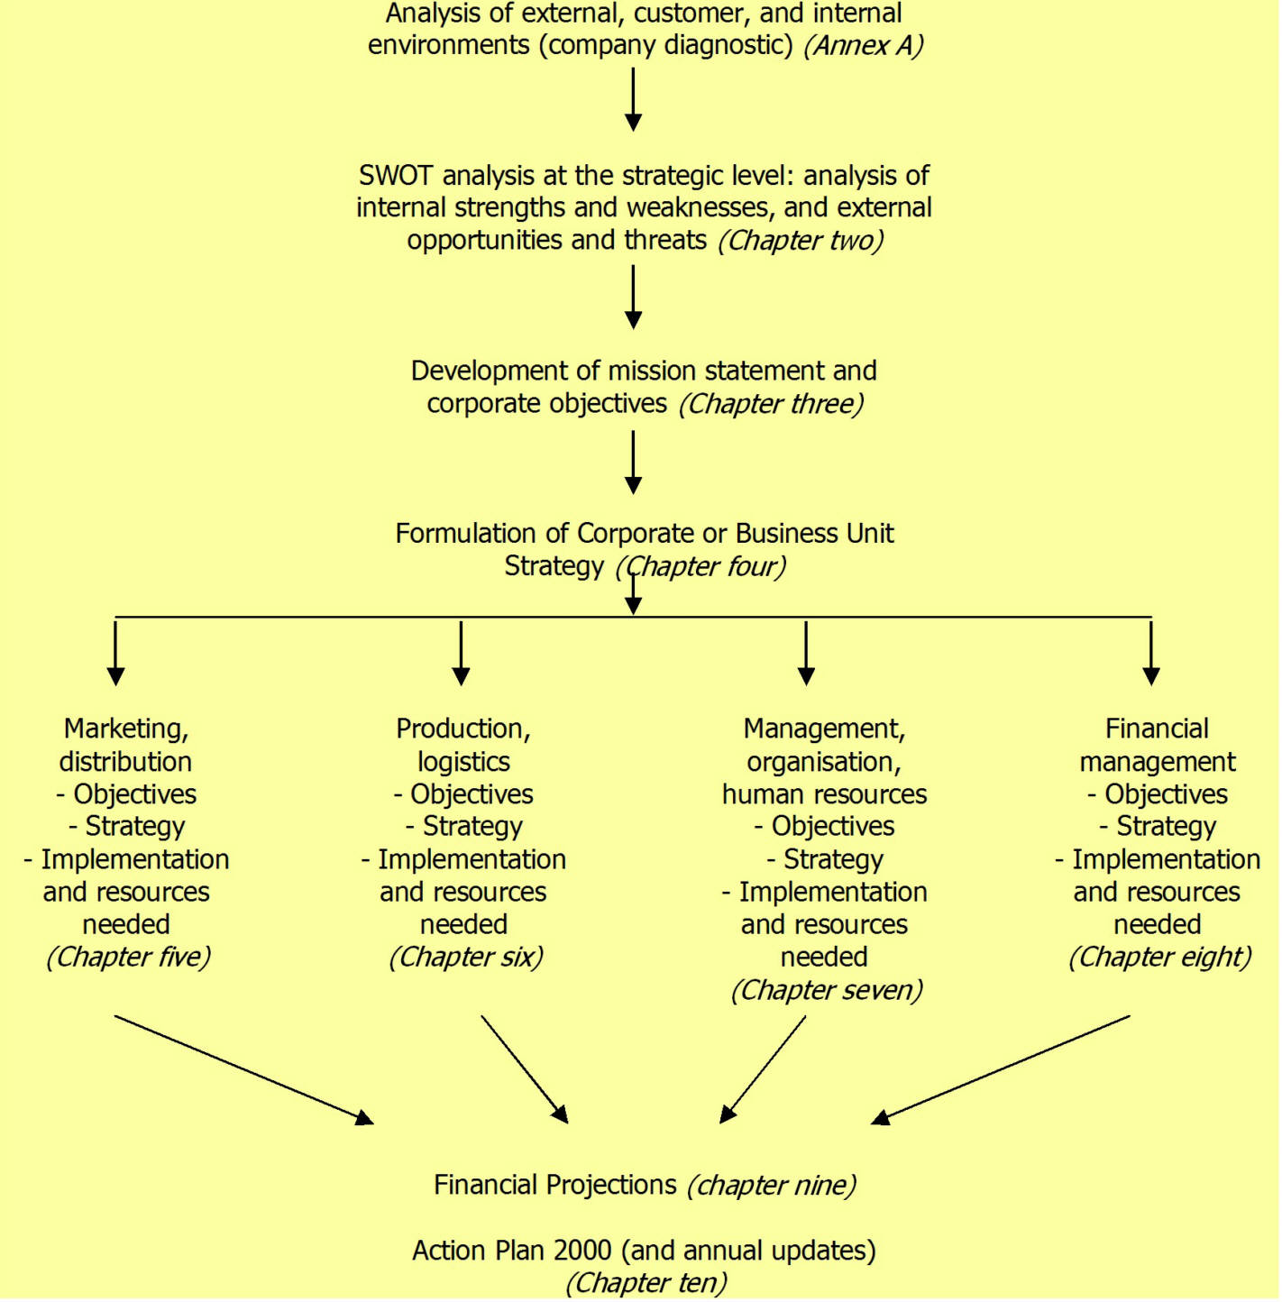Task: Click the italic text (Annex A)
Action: (863, 45)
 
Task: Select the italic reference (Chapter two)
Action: (801, 241)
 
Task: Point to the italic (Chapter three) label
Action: (771, 404)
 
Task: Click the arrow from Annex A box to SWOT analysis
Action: (633, 99)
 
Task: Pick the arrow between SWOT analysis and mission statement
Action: (633, 296)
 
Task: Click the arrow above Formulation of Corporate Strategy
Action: (633, 462)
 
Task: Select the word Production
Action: (462, 729)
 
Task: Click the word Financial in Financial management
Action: (1157, 729)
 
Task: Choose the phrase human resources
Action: (824, 794)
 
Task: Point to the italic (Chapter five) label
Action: (128, 958)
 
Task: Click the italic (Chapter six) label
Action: (466, 958)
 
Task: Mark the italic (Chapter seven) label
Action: (827, 991)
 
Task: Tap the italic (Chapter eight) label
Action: (1159, 958)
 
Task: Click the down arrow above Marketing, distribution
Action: (115, 653)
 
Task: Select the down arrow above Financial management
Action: (1151, 653)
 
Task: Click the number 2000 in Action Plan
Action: (581, 1252)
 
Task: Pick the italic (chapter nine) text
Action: (772, 1186)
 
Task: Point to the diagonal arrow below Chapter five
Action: (243, 1070)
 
